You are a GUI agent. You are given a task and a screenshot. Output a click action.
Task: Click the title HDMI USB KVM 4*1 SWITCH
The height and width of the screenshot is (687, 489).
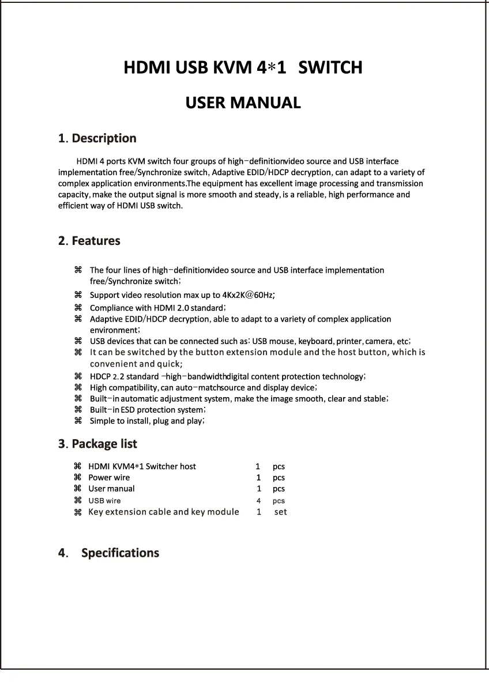(243, 68)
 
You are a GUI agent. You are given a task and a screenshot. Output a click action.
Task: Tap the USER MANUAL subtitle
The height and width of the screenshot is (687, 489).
(243, 103)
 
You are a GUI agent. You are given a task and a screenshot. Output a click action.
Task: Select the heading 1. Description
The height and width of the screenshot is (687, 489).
(97, 138)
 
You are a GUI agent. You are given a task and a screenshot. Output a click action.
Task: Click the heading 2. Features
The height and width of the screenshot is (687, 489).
(89, 241)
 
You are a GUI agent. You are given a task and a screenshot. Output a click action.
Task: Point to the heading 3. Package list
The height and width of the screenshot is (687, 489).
(98, 444)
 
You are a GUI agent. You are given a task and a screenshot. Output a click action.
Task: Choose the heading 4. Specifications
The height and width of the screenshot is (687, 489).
(109, 553)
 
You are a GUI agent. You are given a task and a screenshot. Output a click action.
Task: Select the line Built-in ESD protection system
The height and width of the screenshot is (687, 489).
(148, 410)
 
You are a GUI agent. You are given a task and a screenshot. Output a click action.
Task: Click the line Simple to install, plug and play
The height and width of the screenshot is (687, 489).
(147, 421)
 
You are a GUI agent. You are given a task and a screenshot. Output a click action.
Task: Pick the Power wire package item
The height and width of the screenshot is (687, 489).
(109, 477)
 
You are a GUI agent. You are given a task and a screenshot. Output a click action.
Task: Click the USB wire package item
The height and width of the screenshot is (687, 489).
(104, 501)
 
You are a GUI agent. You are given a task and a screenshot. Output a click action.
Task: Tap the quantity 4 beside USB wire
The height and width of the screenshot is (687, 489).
(259, 501)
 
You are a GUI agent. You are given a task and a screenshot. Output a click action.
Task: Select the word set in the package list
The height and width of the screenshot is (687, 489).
(281, 512)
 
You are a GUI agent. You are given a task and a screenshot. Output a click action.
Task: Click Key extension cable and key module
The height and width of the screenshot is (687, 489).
(164, 512)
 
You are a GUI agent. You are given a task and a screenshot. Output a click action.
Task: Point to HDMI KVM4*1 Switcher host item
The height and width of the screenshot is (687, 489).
(142, 466)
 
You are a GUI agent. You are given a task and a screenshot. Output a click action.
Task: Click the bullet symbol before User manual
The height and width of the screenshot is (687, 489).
(78, 488)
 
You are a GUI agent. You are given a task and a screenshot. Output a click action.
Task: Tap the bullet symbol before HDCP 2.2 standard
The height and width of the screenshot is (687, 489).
(78, 376)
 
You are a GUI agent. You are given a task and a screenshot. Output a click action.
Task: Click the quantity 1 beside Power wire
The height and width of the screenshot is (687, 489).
(259, 477)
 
